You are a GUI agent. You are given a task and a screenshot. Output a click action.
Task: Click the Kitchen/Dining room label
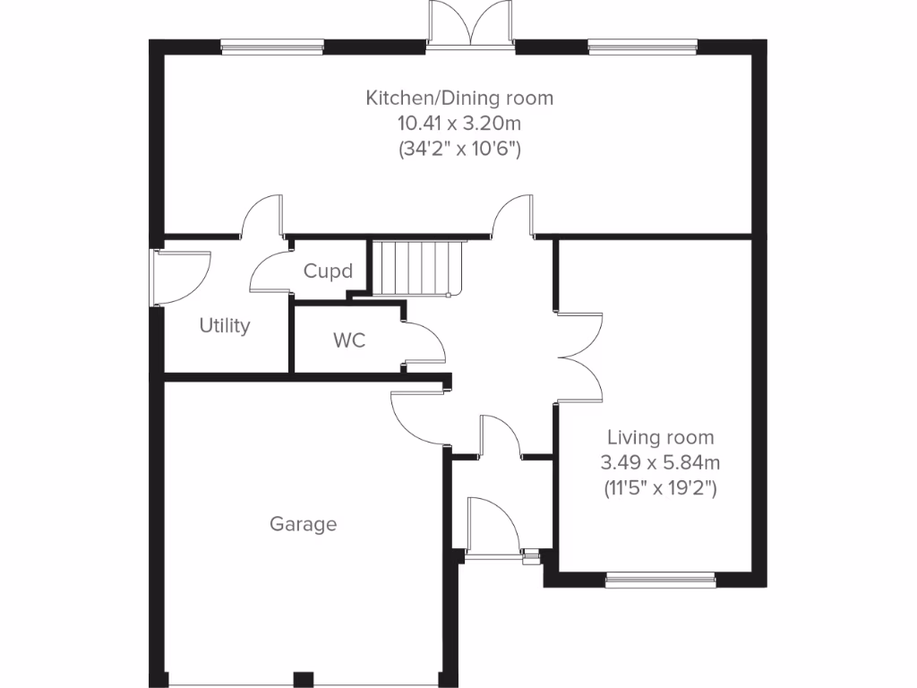458,98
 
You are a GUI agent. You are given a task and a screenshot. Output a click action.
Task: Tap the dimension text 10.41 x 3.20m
458,124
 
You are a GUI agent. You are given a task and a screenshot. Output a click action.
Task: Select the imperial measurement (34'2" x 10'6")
458,150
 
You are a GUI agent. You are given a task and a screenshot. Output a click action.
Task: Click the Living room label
661,437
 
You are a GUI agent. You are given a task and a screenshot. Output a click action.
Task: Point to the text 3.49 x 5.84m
661,463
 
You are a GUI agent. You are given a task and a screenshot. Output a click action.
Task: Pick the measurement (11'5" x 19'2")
661,489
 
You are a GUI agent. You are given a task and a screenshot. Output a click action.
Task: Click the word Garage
304,524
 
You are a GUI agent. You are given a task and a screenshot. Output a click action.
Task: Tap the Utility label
224,326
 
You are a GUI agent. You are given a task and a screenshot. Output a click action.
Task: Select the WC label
348,340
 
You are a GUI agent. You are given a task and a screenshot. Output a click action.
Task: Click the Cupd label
328,271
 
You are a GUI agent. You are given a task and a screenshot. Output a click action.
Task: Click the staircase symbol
417,266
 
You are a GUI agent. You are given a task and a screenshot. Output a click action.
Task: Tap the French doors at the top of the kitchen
470,25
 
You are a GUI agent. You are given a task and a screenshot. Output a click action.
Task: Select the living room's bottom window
660,581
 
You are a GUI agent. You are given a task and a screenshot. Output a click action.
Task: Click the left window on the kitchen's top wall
272,47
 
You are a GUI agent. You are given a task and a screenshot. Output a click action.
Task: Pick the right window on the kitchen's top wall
642,47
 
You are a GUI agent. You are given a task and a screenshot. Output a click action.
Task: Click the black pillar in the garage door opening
304,679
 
